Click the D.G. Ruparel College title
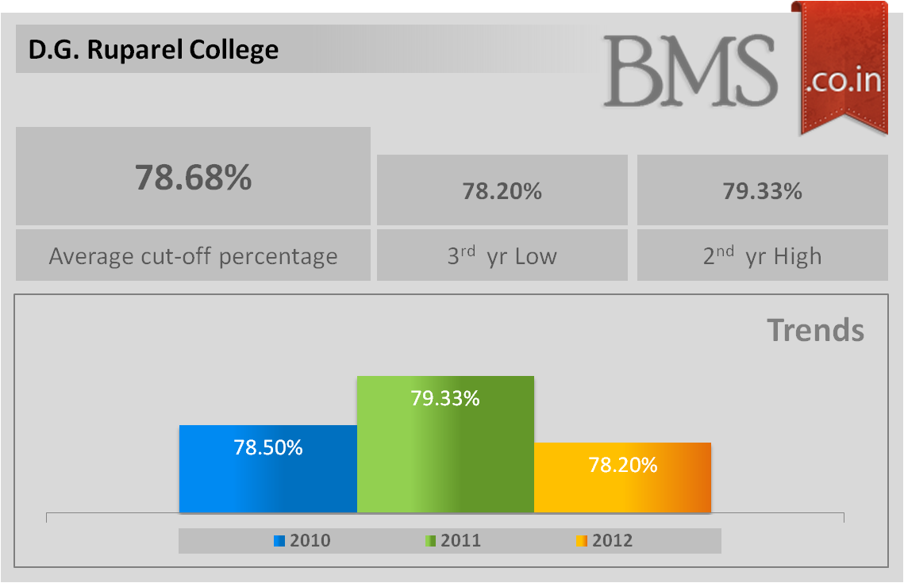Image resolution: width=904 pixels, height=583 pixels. pos(154,50)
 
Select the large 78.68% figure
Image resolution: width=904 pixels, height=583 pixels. pos(193,177)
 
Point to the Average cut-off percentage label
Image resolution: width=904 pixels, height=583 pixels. pos(193,256)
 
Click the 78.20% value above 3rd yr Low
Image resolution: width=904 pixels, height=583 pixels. pos(502,191)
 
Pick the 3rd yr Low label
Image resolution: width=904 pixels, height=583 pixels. pos(502,256)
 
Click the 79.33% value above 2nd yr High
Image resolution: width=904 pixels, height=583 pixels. pos(762,191)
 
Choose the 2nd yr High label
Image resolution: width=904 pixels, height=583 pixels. pos(762,256)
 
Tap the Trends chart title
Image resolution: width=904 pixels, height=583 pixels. pos(815,330)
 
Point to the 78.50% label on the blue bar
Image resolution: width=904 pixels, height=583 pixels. pos(268,447)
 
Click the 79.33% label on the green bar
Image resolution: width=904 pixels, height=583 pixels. pos(445,398)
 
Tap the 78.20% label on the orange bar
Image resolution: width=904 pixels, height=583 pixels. pos(623,465)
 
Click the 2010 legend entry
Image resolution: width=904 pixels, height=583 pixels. pos(302,541)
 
